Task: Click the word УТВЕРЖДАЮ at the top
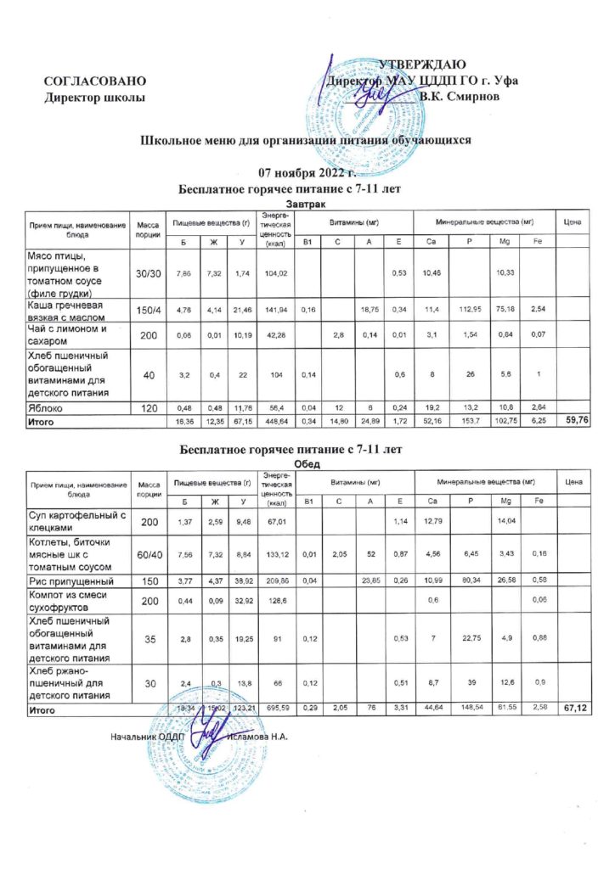421,65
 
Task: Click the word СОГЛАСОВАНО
95,81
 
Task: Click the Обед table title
307,464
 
